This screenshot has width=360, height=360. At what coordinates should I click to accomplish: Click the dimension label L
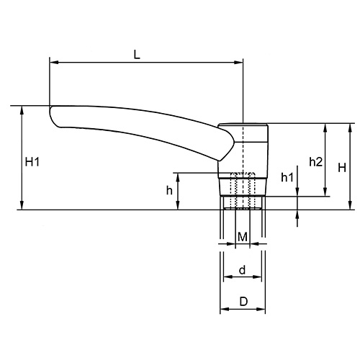136,54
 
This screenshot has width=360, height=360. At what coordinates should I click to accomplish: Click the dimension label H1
32,163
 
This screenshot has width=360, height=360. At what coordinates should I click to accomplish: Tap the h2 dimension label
315,162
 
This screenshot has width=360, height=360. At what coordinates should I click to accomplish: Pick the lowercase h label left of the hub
169,190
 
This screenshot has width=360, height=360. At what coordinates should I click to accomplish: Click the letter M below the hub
243,237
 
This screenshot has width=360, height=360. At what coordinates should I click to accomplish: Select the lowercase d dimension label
243,270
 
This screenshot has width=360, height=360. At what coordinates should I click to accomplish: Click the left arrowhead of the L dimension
53,63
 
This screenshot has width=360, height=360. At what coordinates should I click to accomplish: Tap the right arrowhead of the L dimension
240,63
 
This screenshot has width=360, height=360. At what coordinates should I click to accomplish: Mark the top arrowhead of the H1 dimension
22,110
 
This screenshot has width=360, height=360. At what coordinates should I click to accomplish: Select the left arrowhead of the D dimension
222,310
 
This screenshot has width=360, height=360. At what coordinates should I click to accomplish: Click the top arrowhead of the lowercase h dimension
179,176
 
